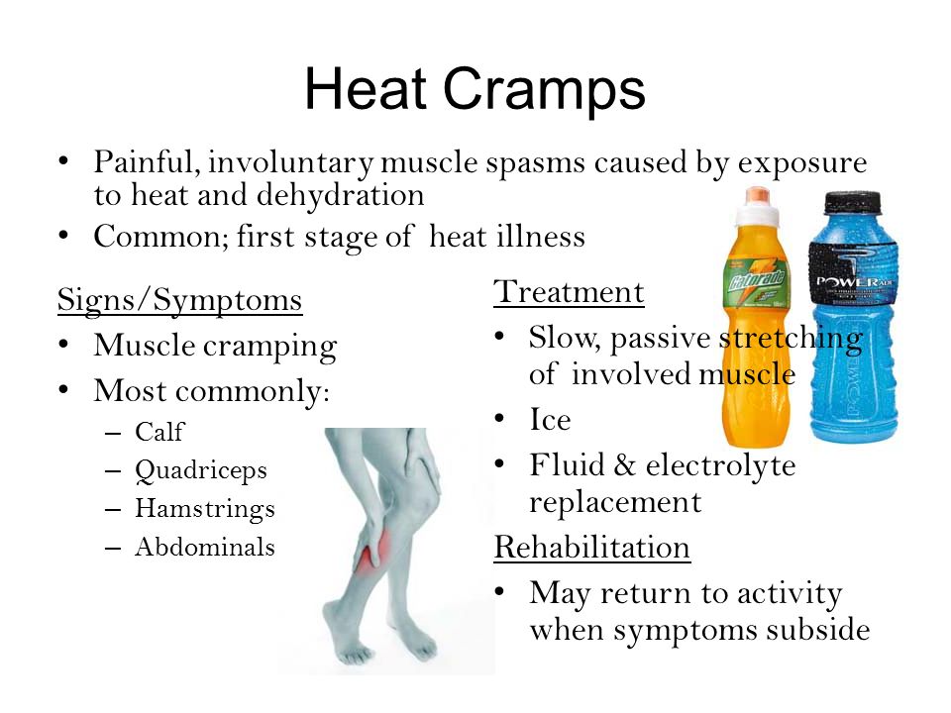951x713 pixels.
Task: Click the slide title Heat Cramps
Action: pyautogui.click(x=475, y=90)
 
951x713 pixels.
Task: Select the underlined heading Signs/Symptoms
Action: pyautogui.click(x=179, y=300)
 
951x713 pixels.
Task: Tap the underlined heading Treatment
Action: pyautogui.click(x=569, y=291)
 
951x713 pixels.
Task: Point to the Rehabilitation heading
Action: pyautogui.click(x=592, y=547)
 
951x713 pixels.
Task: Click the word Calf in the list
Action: pyautogui.click(x=159, y=432)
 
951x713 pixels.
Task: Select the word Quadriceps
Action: pyautogui.click(x=201, y=471)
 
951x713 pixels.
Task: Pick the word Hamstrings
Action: pyautogui.click(x=205, y=509)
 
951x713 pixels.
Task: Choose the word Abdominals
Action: pyautogui.click(x=205, y=547)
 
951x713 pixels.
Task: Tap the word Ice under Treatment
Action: pyautogui.click(x=550, y=419)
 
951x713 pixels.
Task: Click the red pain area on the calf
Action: pyautogui.click(x=370, y=557)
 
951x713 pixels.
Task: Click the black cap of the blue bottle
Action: pyautogui.click(x=852, y=202)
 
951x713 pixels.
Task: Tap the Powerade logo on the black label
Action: pyautogui.click(x=854, y=282)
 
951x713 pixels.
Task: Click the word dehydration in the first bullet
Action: pyautogui.click(x=340, y=195)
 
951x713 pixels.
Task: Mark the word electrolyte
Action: pyautogui.click(x=720, y=466)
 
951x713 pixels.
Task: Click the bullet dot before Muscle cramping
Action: pyautogui.click(x=63, y=345)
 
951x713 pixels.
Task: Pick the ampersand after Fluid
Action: pyautogui.click(x=625, y=465)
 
